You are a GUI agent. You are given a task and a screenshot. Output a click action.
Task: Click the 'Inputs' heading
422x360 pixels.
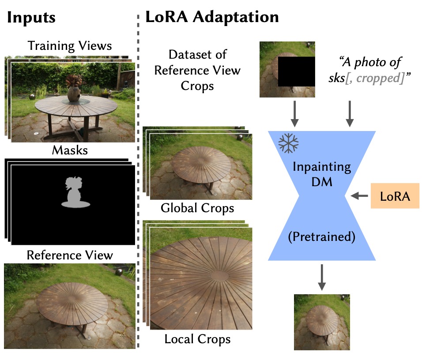(31, 18)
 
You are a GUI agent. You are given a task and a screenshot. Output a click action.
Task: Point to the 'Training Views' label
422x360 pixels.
(69, 45)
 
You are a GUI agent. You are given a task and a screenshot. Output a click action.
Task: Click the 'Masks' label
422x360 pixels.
(69, 150)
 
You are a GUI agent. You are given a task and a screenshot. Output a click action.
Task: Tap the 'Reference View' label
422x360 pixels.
(69, 255)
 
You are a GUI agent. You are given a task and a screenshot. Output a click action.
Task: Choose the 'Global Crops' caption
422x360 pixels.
(197, 208)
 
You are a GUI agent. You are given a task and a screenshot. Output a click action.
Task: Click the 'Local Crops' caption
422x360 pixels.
(197, 339)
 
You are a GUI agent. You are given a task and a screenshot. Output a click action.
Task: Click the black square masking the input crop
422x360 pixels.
(296, 71)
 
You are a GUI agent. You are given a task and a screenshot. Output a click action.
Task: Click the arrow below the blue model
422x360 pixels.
(322, 277)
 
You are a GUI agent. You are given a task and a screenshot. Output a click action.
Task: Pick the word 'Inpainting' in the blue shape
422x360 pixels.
(322, 168)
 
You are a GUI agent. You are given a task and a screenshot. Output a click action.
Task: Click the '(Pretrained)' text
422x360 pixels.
(322, 237)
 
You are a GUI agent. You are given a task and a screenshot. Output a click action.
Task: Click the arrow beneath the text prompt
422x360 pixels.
(350, 113)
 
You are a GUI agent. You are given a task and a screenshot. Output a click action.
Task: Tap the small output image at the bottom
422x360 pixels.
(322, 322)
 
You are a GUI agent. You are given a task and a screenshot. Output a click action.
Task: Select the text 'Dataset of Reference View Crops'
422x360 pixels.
(197, 70)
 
